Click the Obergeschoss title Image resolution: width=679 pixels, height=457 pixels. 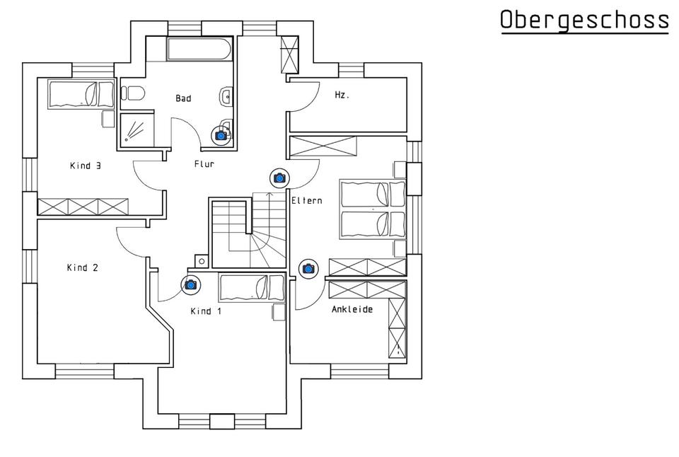click(584, 21)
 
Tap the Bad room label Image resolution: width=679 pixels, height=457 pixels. click(183, 98)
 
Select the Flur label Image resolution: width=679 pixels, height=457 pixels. click(204, 164)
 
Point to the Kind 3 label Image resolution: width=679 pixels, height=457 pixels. click(86, 166)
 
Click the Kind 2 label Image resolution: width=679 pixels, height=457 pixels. click(82, 267)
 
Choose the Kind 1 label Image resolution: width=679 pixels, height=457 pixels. click(206, 311)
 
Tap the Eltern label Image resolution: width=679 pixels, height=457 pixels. click(306, 201)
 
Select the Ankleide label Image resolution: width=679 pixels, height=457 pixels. click(352, 309)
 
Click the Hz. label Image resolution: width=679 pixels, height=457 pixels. click(342, 94)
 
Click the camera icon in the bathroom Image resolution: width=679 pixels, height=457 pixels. click(221, 136)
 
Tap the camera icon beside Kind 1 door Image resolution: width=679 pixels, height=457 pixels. click(190, 284)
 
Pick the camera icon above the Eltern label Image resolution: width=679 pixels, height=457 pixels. click(279, 178)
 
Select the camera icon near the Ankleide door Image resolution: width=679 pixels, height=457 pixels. click(308, 269)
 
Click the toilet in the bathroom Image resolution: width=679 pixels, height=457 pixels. click(133, 93)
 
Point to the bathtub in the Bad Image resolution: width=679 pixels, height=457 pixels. click(200, 50)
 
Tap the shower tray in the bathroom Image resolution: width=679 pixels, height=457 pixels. click(137, 129)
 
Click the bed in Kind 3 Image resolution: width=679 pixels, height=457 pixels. click(81, 94)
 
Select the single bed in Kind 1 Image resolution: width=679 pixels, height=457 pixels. click(252, 288)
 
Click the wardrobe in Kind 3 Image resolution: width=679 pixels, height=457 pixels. click(83, 207)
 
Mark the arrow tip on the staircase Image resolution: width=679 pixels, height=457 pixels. click(270, 193)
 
